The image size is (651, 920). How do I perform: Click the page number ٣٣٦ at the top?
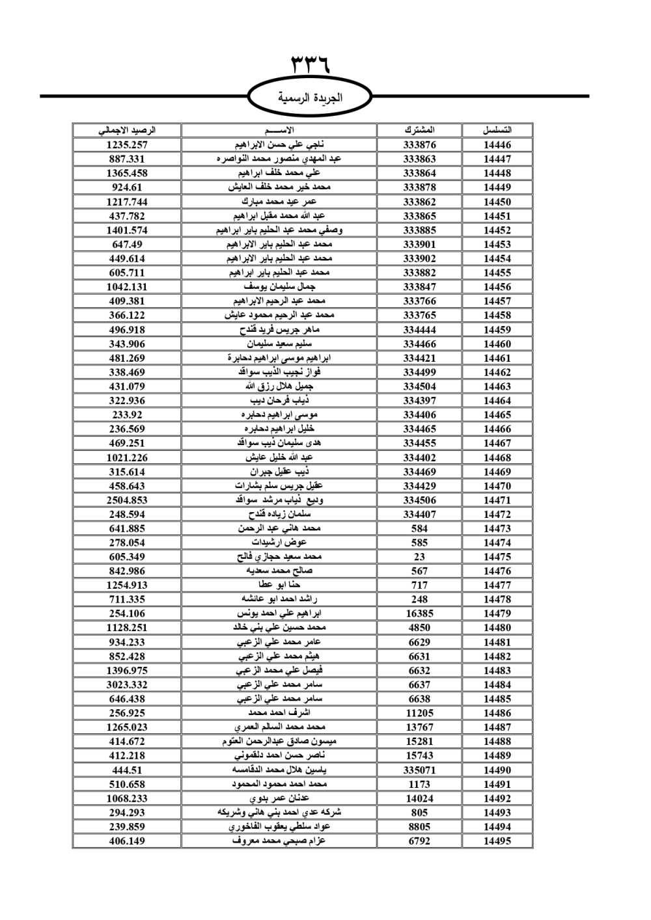(x=311, y=65)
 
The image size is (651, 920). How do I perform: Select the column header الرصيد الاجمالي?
(x=127, y=130)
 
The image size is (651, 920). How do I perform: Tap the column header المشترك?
(x=419, y=130)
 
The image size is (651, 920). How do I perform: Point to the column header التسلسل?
(x=497, y=130)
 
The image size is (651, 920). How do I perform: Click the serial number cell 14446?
(x=497, y=145)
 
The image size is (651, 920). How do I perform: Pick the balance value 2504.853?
(x=127, y=500)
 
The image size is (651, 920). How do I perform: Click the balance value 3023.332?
(x=127, y=684)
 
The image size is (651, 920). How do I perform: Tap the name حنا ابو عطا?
(x=279, y=585)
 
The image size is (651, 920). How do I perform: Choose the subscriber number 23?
(x=419, y=557)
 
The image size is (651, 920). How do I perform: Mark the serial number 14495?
(x=497, y=841)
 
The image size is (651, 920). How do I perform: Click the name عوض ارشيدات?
(x=279, y=543)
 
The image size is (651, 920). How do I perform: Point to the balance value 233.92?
(x=127, y=415)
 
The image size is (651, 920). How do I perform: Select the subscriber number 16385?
(x=419, y=614)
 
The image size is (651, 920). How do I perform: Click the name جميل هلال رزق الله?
(x=279, y=386)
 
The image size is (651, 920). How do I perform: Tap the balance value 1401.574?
(x=127, y=230)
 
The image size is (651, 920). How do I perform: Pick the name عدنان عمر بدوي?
(x=279, y=798)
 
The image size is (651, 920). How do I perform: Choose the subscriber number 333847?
(x=419, y=287)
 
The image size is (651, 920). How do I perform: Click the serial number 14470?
(x=497, y=486)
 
